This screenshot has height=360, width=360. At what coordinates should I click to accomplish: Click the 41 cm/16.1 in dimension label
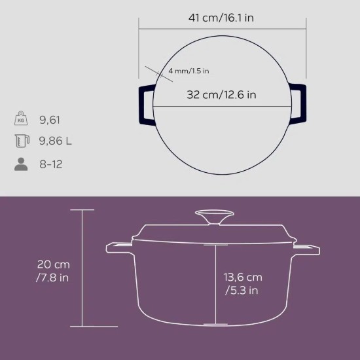(x=221, y=18)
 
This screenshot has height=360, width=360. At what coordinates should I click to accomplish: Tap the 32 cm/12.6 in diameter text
(x=221, y=95)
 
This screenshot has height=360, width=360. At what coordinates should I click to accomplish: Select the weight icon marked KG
(x=21, y=119)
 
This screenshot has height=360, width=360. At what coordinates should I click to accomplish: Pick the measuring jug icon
(x=21, y=141)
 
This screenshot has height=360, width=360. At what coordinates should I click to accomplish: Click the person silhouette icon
(x=21, y=164)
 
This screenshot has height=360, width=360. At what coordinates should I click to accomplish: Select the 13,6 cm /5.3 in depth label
(x=242, y=283)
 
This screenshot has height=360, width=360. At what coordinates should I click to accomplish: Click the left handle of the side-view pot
(x=119, y=248)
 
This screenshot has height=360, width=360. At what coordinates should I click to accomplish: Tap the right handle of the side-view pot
(x=306, y=248)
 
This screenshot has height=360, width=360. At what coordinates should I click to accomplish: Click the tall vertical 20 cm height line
(x=82, y=268)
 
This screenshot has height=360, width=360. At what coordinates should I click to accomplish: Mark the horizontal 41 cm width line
(x=223, y=28)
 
